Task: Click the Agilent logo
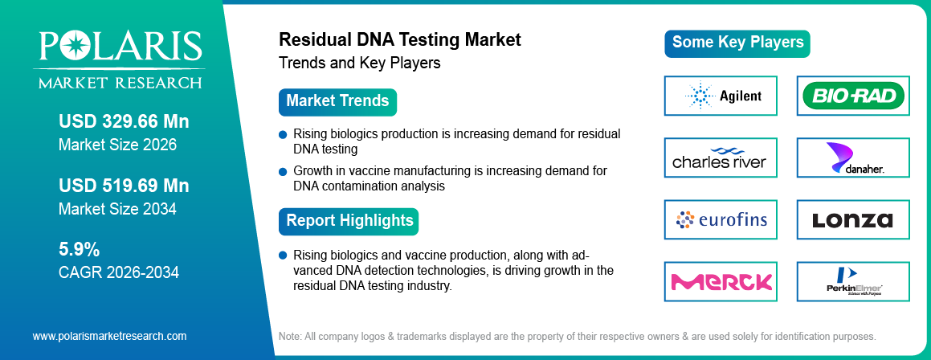[x=721, y=96]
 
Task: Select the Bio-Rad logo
[x=853, y=96]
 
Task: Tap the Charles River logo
[x=721, y=158]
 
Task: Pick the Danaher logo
[x=853, y=158]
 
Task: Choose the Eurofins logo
[x=721, y=219]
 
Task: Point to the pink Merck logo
[x=721, y=281]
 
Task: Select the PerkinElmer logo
[x=853, y=281]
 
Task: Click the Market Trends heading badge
[x=337, y=101]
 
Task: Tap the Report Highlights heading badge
[x=349, y=220]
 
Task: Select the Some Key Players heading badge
[x=737, y=43]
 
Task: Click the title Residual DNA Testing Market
[x=399, y=39]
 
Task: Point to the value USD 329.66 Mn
[x=124, y=121]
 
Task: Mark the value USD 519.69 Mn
[x=124, y=186]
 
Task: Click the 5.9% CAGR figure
[x=80, y=248]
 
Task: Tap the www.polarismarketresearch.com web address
[x=109, y=336]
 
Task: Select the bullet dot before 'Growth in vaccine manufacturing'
[x=283, y=171]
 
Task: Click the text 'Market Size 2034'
[x=117, y=209]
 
